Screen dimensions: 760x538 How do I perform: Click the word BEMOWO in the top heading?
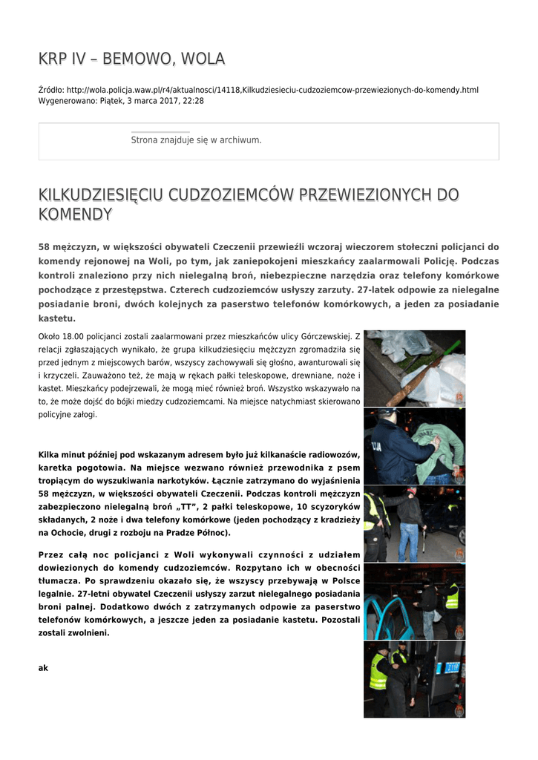(136, 59)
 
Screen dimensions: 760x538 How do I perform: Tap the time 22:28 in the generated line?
(193, 100)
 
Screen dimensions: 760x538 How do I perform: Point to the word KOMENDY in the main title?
(75, 214)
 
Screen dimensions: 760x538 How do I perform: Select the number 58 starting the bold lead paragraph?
(44, 247)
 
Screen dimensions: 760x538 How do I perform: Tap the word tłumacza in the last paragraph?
(59, 581)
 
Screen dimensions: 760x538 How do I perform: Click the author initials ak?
(43, 668)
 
